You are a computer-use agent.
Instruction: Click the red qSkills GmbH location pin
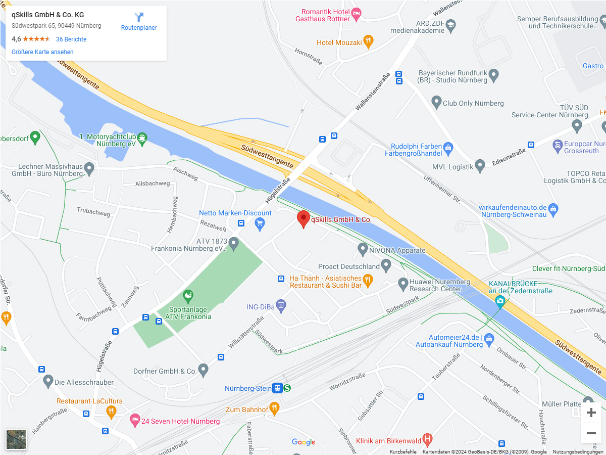(x=303, y=218)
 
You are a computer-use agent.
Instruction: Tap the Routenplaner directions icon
(x=139, y=18)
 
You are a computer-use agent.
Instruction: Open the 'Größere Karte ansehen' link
(x=42, y=52)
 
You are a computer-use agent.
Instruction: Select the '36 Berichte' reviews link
(x=71, y=39)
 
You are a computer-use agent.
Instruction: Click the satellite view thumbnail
(x=16, y=439)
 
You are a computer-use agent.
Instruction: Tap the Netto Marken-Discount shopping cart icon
(x=260, y=223)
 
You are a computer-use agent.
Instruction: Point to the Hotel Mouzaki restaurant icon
(x=369, y=41)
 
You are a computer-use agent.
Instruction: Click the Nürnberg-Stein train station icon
(x=277, y=388)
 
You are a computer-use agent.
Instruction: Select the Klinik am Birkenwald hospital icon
(x=427, y=439)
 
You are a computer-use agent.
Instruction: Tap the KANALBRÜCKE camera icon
(x=500, y=302)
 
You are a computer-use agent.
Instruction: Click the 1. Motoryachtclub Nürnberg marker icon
(x=142, y=138)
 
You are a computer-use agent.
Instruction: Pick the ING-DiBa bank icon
(x=281, y=305)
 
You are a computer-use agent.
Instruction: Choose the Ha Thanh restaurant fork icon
(x=368, y=280)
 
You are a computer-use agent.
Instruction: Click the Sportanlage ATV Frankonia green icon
(x=188, y=295)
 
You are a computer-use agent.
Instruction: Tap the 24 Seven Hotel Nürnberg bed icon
(x=134, y=420)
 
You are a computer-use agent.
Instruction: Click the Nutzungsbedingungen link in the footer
(x=578, y=452)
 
